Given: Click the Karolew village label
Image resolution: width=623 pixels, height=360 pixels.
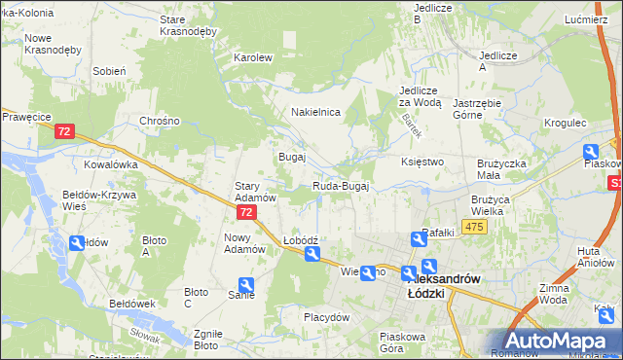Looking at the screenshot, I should [252, 57].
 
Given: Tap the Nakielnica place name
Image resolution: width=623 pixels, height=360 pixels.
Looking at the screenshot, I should [315, 112].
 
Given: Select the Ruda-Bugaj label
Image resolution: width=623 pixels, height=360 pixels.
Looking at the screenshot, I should [340, 187].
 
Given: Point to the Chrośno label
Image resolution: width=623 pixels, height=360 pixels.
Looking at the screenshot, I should [161, 121].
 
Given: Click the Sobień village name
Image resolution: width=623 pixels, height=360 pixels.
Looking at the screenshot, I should [109, 71].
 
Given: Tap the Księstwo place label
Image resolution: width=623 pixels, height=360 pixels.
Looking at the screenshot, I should [422, 162].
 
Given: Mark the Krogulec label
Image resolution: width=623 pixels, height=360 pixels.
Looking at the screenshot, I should [566, 124].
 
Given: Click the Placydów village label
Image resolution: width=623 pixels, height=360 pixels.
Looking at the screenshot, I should [326, 317].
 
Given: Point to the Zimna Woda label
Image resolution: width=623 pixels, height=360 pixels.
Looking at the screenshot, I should [580, 295].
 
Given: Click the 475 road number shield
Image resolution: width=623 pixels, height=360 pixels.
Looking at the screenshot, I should [474, 227].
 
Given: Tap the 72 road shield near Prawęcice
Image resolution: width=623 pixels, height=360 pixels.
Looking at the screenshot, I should [65, 131].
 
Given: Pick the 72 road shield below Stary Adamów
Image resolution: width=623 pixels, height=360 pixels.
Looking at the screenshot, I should [247, 211].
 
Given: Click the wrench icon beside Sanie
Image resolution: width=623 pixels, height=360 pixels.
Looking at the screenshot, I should [246, 285].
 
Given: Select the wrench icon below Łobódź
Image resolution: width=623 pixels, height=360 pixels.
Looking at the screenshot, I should [312, 255].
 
